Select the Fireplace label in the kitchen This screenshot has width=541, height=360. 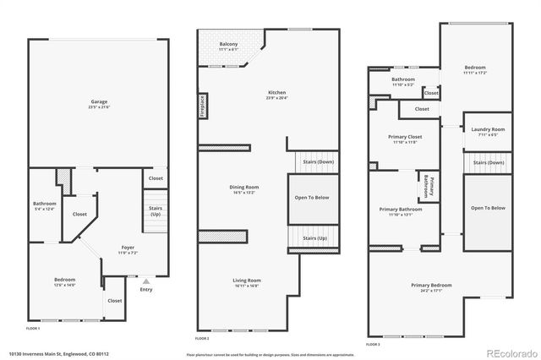(204, 106)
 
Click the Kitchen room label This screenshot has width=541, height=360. (277, 94)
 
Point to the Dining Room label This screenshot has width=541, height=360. (243, 188)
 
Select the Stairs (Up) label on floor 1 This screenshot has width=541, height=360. (156, 210)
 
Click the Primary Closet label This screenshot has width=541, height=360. (405, 138)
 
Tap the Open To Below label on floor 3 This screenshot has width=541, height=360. (488, 207)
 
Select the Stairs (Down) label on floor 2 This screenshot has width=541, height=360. (314, 162)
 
